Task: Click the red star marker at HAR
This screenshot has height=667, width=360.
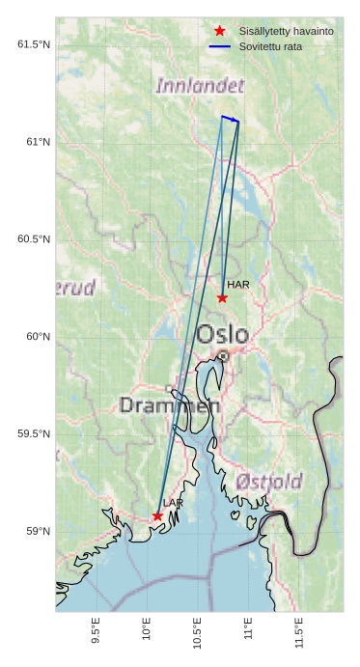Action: point(222,297)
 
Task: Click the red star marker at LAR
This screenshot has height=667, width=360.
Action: point(157,516)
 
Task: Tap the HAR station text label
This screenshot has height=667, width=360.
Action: point(238,285)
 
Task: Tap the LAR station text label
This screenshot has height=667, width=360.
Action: point(173,504)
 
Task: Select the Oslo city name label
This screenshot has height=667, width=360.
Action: point(222,335)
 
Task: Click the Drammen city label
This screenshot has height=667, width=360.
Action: point(169,405)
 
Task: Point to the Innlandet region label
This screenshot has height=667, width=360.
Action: point(200,86)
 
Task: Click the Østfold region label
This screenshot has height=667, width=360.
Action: point(269,481)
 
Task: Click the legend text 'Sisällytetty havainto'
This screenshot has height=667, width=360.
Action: point(286,32)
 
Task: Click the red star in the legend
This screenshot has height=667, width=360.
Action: point(220,32)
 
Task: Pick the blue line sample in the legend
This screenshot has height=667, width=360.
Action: point(220,46)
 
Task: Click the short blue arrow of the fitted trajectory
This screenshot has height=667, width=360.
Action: point(230,119)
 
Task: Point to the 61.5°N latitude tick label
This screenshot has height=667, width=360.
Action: point(34,44)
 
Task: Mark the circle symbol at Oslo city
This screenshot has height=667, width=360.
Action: point(223,356)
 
